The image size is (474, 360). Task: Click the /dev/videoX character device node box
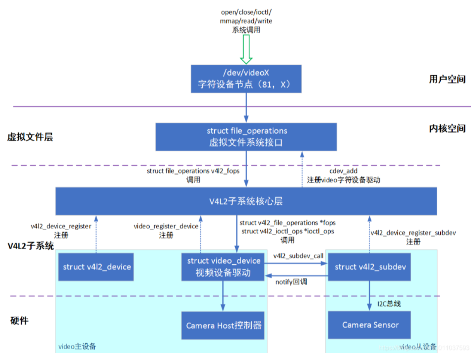click(x=246, y=79)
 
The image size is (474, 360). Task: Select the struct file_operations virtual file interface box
click(x=246, y=137)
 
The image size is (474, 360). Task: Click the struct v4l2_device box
click(x=97, y=267)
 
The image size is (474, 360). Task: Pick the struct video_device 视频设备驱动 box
click(x=224, y=267)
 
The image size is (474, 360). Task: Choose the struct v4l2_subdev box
click(x=369, y=267)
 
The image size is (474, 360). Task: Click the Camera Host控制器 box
click(x=224, y=325)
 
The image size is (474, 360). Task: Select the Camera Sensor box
click(x=369, y=325)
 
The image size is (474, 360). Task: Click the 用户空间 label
click(x=447, y=79)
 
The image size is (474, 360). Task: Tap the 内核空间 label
click(x=447, y=129)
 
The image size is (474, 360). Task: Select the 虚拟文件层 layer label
click(x=30, y=138)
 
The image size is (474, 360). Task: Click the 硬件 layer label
click(x=19, y=320)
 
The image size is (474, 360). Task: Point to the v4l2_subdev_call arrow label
click(x=298, y=256)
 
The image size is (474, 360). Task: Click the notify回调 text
click(x=291, y=282)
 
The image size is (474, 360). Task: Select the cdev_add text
click(x=343, y=171)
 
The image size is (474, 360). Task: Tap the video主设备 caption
click(x=77, y=346)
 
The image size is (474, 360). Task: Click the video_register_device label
click(x=166, y=226)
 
